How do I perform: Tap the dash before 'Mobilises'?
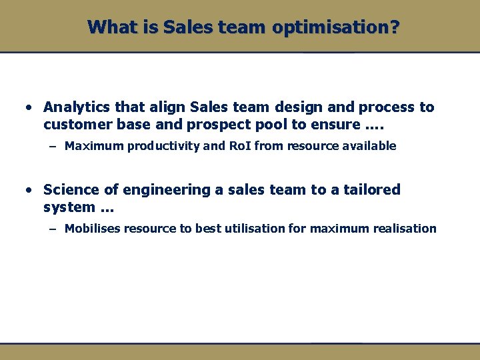pos(52,229)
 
